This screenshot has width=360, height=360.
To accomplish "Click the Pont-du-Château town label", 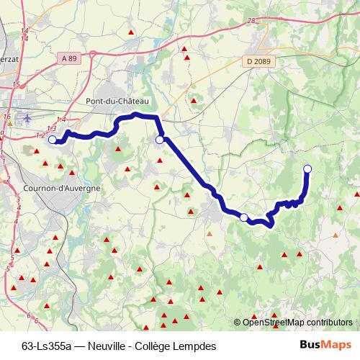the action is click(x=117, y=102).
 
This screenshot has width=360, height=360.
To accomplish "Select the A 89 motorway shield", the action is click(x=68, y=58).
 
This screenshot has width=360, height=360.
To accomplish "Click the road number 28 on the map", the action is click(x=251, y=21).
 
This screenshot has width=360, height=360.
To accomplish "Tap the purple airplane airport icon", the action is click(x=27, y=118).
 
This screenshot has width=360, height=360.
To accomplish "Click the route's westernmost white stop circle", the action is click(x=52, y=140).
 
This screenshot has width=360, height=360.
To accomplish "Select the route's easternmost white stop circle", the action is click(x=307, y=168).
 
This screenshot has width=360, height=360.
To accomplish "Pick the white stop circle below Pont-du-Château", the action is click(x=160, y=140).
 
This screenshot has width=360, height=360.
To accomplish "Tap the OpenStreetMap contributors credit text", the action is click(x=297, y=323).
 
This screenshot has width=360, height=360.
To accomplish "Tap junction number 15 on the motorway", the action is click(x=16, y=85).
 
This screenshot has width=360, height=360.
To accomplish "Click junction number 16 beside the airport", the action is click(x=6, y=116).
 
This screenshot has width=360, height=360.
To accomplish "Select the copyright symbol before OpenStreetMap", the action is click(x=238, y=323).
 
